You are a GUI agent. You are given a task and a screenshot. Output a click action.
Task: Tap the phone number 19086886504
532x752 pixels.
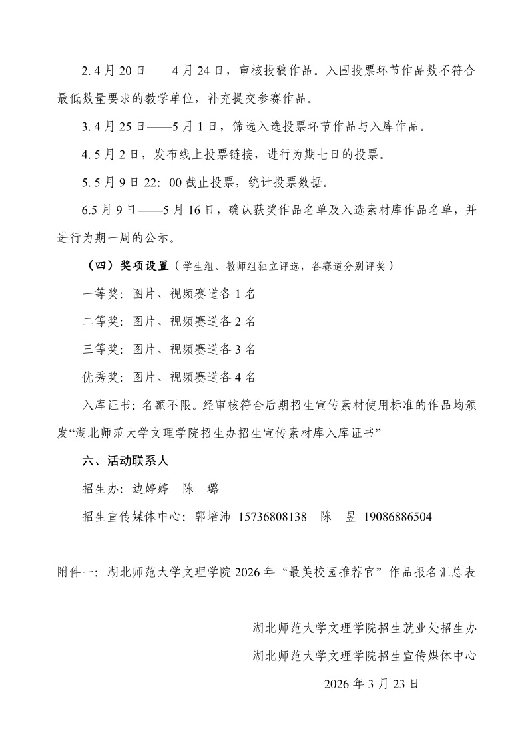pyautogui.click(x=398, y=517)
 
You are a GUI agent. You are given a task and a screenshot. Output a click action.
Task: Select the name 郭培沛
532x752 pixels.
pyautogui.click(x=210, y=517)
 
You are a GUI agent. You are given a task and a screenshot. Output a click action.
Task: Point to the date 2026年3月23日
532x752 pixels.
pyautogui.click(x=371, y=684)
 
